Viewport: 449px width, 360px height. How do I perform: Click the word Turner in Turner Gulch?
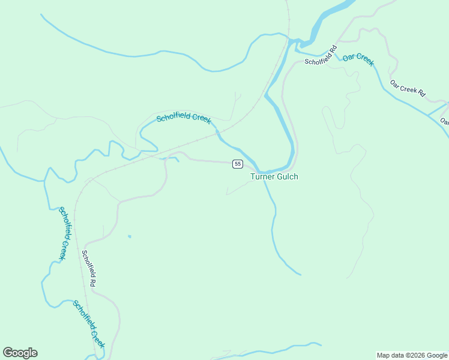262,176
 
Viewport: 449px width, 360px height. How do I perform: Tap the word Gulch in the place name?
287,176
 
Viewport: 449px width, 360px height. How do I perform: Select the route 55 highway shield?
238,164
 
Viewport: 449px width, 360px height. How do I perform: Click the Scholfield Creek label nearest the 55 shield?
184,118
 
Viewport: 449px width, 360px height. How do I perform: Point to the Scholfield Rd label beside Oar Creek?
321,55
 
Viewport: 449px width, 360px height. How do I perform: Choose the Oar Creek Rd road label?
408,88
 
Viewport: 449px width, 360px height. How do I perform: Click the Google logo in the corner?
20,353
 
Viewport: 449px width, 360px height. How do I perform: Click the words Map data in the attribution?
390,355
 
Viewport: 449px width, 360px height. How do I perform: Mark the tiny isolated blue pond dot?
129,236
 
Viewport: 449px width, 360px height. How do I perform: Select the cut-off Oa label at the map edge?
445,121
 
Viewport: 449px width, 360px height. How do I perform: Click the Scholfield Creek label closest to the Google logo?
89,324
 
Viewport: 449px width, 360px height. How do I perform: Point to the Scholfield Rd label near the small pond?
88,268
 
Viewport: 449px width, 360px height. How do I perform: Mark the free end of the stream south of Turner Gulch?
301,275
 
